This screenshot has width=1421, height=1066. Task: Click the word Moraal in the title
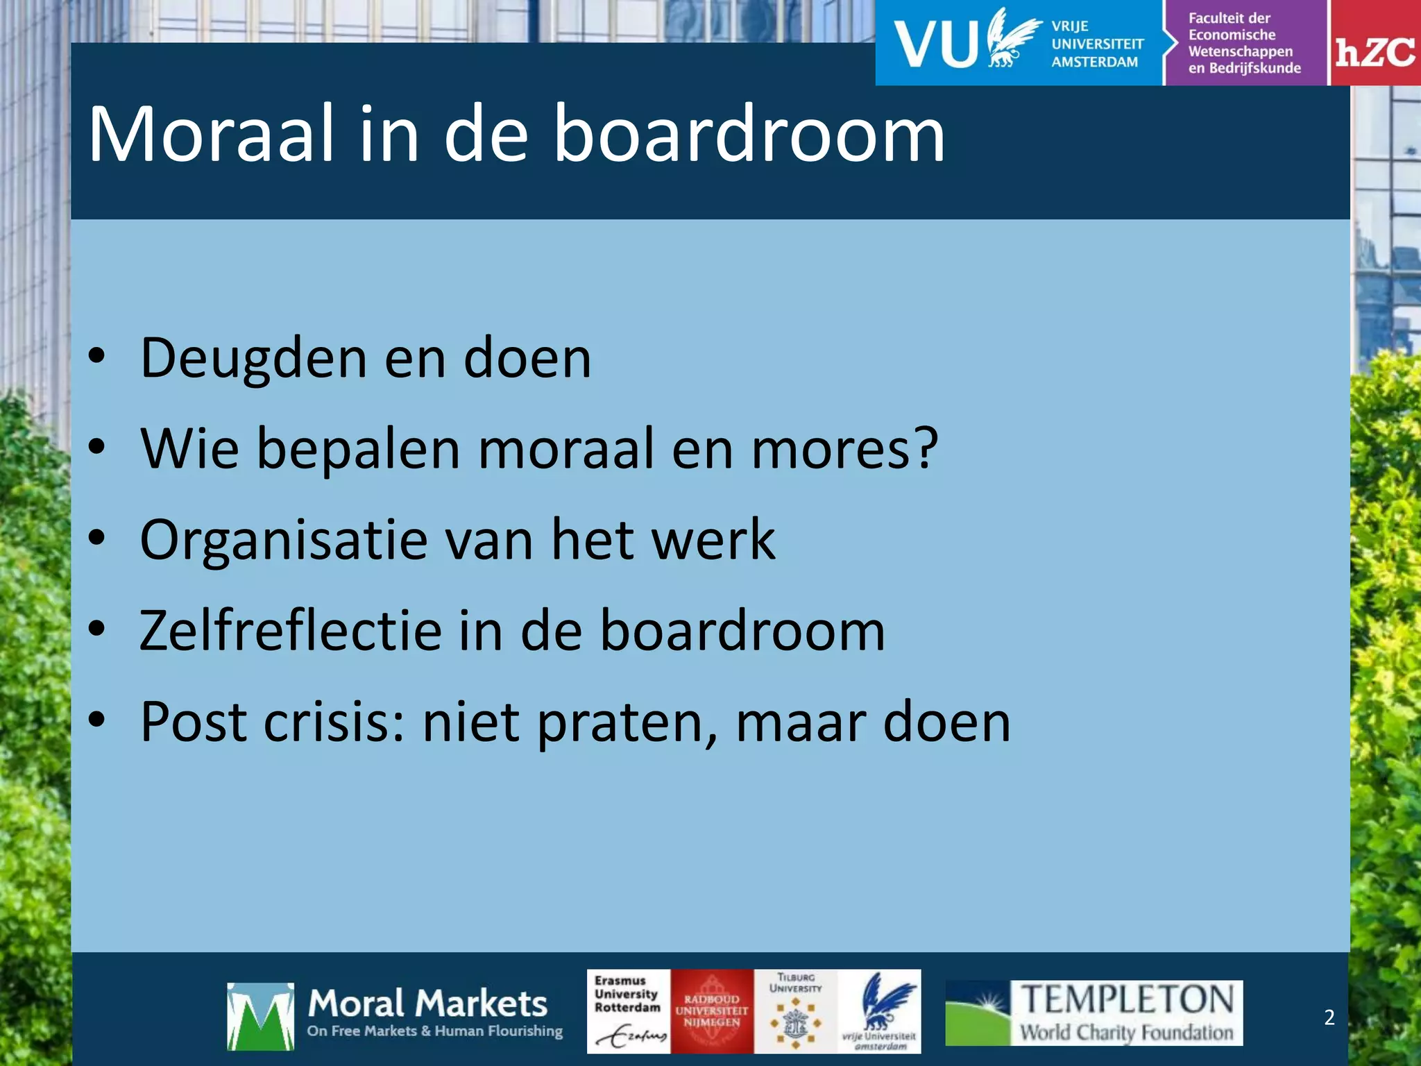(207, 134)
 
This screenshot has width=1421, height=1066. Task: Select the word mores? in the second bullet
(844, 449)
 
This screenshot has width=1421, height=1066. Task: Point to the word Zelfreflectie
(290, 631)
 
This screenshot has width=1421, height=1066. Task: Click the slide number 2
(1329, 1017)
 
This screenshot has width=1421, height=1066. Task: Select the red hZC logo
(1375, 44)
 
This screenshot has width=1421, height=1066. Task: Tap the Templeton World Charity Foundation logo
(1094, 1013)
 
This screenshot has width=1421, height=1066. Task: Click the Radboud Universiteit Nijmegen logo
(712, 1012)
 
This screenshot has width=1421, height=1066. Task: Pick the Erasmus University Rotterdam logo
(629, 1012)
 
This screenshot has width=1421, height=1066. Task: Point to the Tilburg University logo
(795, 1012)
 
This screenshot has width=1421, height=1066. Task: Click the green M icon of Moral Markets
(260, 1016)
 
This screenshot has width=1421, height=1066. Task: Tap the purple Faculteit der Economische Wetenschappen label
(1245, 43)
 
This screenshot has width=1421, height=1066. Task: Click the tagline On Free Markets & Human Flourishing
(435, 1031)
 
